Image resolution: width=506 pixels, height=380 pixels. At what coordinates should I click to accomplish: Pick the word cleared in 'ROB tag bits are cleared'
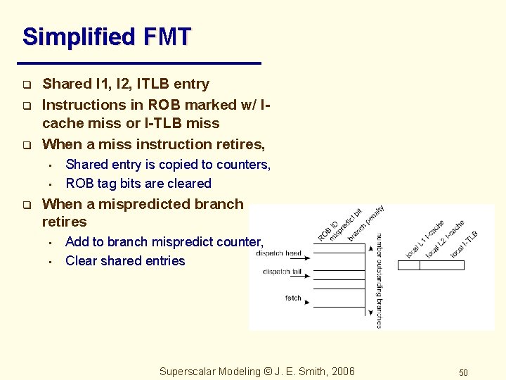click(188, 184)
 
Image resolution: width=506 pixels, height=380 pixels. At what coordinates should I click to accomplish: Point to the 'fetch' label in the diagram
click(293, 298)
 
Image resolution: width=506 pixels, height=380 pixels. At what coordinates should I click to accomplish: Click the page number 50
click(463, 372)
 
